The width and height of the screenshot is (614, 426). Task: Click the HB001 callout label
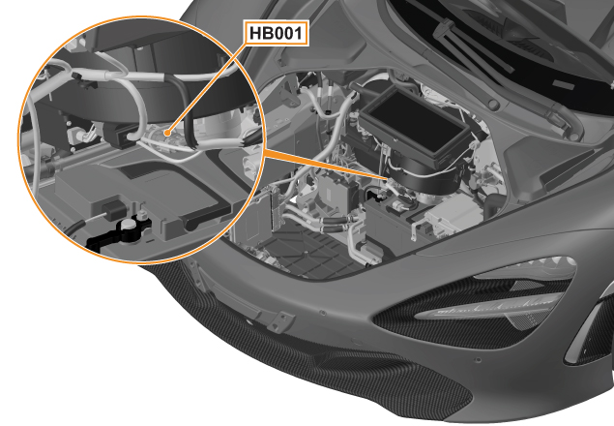pos(277,33)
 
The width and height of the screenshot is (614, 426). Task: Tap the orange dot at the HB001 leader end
pos(168,133)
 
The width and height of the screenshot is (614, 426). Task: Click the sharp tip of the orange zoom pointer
pos(388,179)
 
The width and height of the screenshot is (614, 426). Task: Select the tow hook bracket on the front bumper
pos(280,320)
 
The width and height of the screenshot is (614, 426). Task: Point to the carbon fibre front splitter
pos(313,365)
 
